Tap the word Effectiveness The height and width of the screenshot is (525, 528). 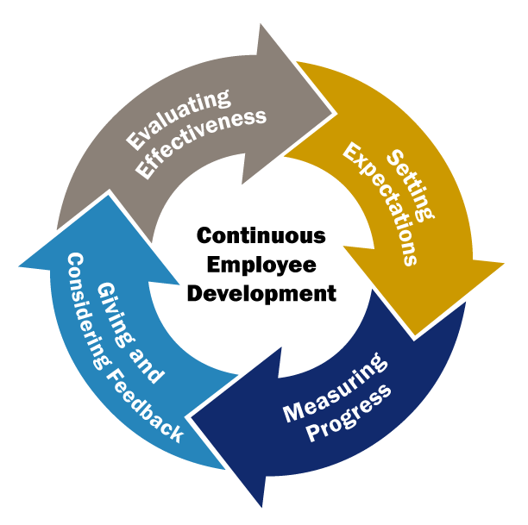pos(201,143)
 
